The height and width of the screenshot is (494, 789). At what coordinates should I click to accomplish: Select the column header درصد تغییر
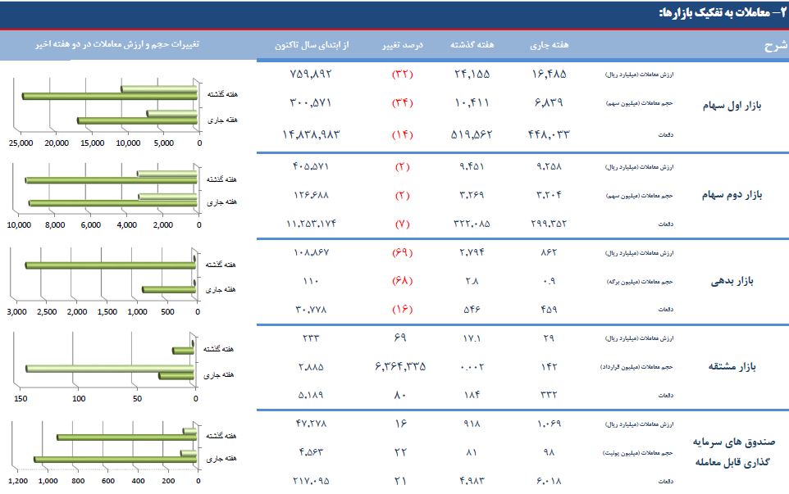(x=403, y=44)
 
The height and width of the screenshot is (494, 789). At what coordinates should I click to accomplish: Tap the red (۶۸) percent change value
(x=403, y=281)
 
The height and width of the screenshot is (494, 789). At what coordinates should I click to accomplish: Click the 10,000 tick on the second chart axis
(x=19, y=225)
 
